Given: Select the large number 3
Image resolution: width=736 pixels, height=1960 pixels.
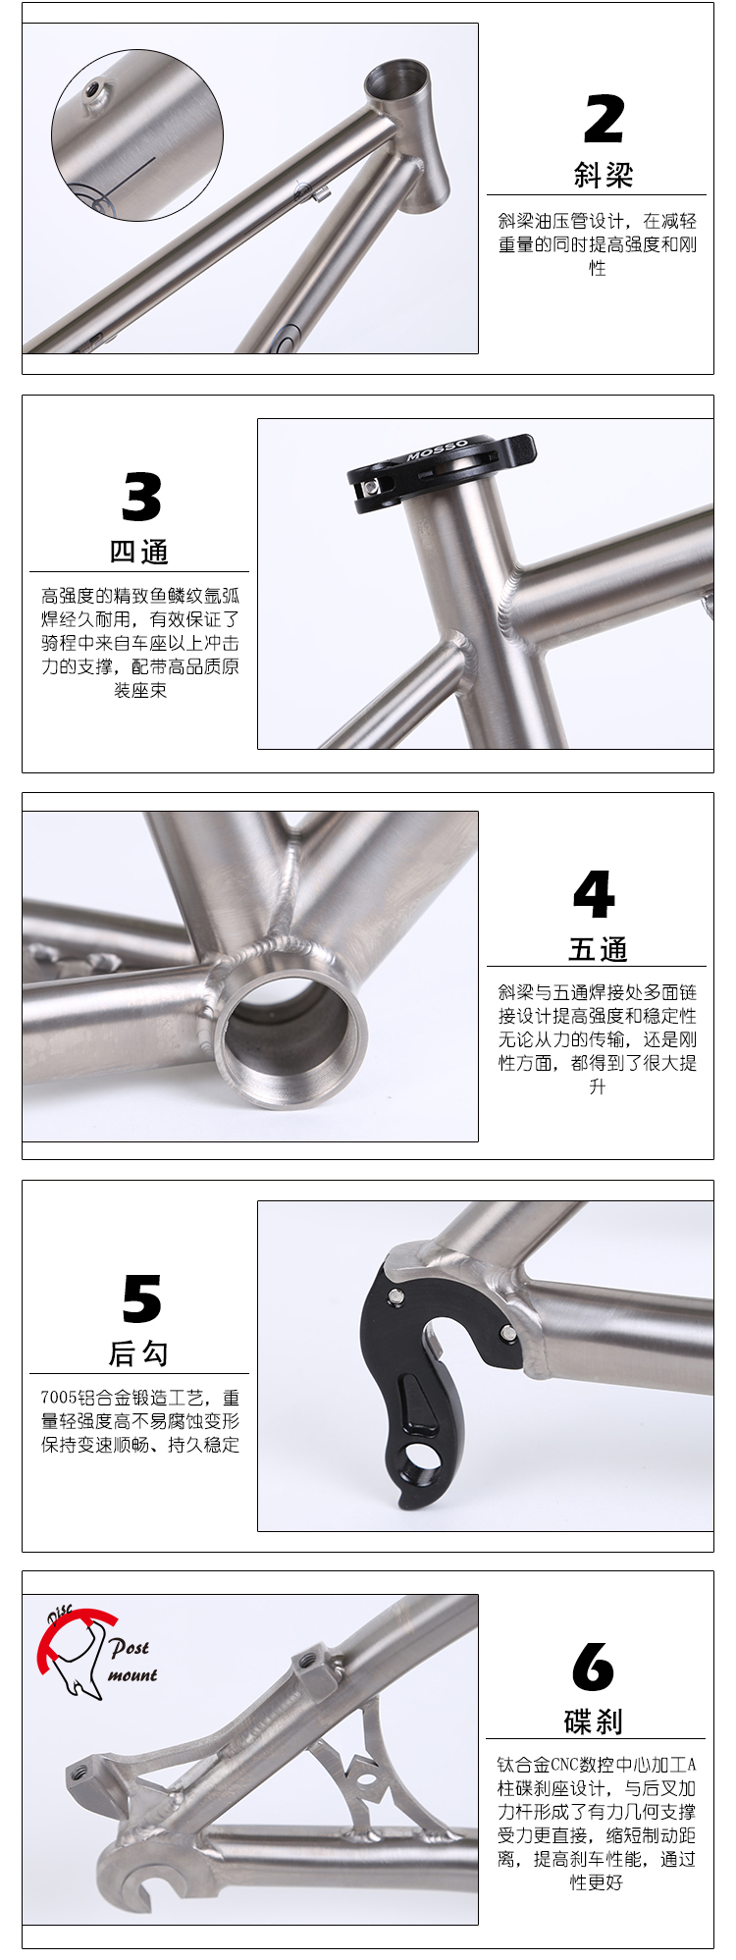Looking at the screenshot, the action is click(141, 497).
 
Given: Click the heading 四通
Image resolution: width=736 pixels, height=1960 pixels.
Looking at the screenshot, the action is click(139, 552).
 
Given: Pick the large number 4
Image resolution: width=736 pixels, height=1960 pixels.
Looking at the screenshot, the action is click(594, 894).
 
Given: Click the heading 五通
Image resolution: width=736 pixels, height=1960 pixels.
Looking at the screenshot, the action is click(598, 949).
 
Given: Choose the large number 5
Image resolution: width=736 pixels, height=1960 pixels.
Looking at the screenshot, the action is click(141, 1298).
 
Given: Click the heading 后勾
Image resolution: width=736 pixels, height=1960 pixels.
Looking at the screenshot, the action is click(138, 1353).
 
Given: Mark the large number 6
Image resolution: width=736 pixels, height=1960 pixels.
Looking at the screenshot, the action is click(593, 1667).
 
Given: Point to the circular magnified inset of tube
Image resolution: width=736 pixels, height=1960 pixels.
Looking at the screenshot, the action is click(137, 135).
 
